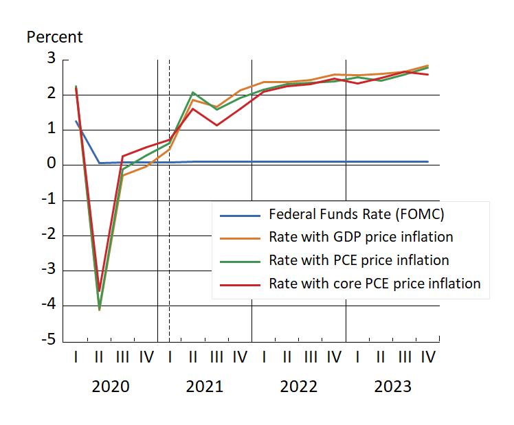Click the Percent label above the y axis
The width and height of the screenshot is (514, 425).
click(54, 37)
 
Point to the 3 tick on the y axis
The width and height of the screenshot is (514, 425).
click(52, 58)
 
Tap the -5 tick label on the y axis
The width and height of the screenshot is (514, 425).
click(48, 340)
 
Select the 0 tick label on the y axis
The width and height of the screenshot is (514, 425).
click(52, 164)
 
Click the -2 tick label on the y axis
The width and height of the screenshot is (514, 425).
click(48, 234)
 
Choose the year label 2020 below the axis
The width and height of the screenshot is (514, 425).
click(111, 387)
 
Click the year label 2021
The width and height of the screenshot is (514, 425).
click(205, 387)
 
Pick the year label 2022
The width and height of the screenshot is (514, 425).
click(298, 387)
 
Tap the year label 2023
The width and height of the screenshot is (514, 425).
click(392, 387)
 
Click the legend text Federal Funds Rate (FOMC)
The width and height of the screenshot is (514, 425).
click(357, 214)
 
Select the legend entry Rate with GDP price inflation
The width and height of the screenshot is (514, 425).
click(361, 237)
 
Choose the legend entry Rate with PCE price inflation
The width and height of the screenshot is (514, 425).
click(359, 260)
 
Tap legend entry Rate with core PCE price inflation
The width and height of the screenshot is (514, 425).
click(375, 283)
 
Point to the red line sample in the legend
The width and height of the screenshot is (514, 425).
click(241, 284)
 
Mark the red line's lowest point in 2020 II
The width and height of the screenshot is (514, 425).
click(100, 291)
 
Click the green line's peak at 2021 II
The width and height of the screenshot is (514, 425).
click(193, 92)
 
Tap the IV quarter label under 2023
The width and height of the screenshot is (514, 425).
click(427, 357)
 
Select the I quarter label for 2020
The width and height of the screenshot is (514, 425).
click(76, 357)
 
